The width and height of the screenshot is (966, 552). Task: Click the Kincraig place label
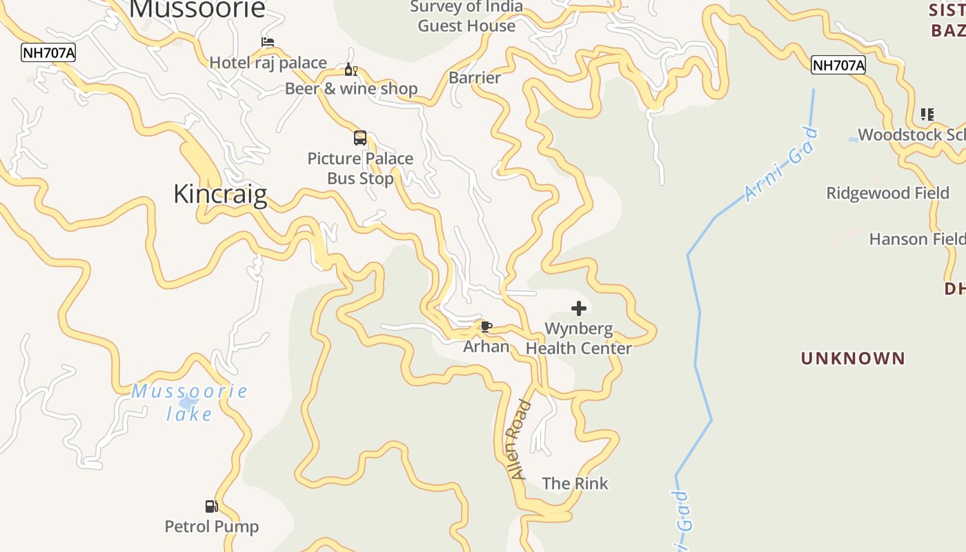[x=220, y=194]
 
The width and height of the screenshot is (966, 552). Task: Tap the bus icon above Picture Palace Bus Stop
[x=359, y=137]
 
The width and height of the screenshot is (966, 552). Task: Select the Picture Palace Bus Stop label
[x=360, y=168]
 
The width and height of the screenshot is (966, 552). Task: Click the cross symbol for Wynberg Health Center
[x=579, y=308]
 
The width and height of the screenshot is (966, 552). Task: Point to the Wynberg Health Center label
[x=578, y=338]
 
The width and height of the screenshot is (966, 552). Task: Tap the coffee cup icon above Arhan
[x=486, y=326]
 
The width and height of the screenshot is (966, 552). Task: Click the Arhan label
[x=486, y=346]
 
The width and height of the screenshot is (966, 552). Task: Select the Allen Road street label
[x=520, y=440]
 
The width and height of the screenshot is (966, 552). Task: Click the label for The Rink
[x=575, y=483]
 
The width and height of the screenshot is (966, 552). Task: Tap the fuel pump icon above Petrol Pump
[x=211, y=506]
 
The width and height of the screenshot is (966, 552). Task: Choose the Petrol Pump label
[x=211, y=526]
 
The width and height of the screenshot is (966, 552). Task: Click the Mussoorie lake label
[x=189, y=402]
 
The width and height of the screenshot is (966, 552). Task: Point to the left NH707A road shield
[x=48, y=52]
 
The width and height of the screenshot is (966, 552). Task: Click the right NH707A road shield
[x=838, y=66]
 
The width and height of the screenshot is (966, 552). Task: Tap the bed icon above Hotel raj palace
[x=268, y=43]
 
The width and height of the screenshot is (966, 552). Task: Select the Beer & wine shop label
[x=351, y=88]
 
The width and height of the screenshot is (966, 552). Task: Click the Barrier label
[x=475, y=77]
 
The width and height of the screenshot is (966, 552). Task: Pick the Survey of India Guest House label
[x=466, y=17]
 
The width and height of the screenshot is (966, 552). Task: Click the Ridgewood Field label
[x=887, y=193]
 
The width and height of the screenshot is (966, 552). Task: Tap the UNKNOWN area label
[x=852, y=358]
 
